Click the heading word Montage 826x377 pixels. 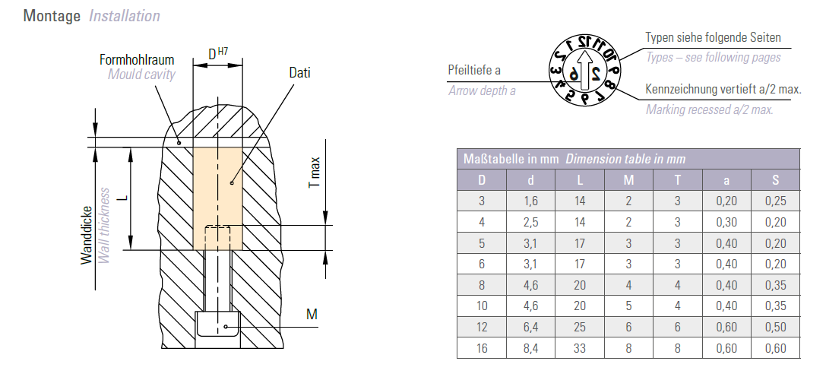[x=52, y=16]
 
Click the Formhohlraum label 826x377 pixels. [x=137, y=59]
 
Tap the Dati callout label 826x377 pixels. [x=299, y=73]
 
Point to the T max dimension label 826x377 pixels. [x=315, y=172]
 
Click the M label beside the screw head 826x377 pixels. [x=312, y=314]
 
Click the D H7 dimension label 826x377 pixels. [x=218, y=53]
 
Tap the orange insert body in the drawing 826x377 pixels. [x=217, y=198]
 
